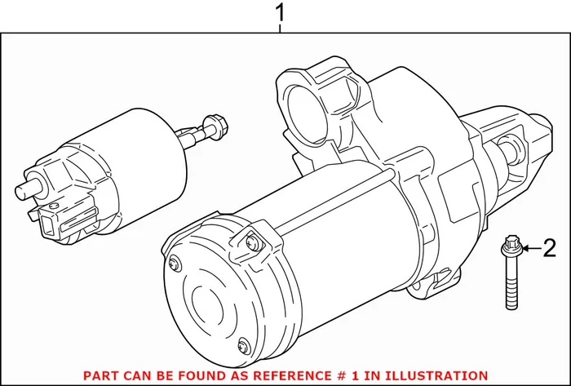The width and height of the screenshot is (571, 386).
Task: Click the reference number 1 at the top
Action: [281, 13]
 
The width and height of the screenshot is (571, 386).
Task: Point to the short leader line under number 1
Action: [281, 29]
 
